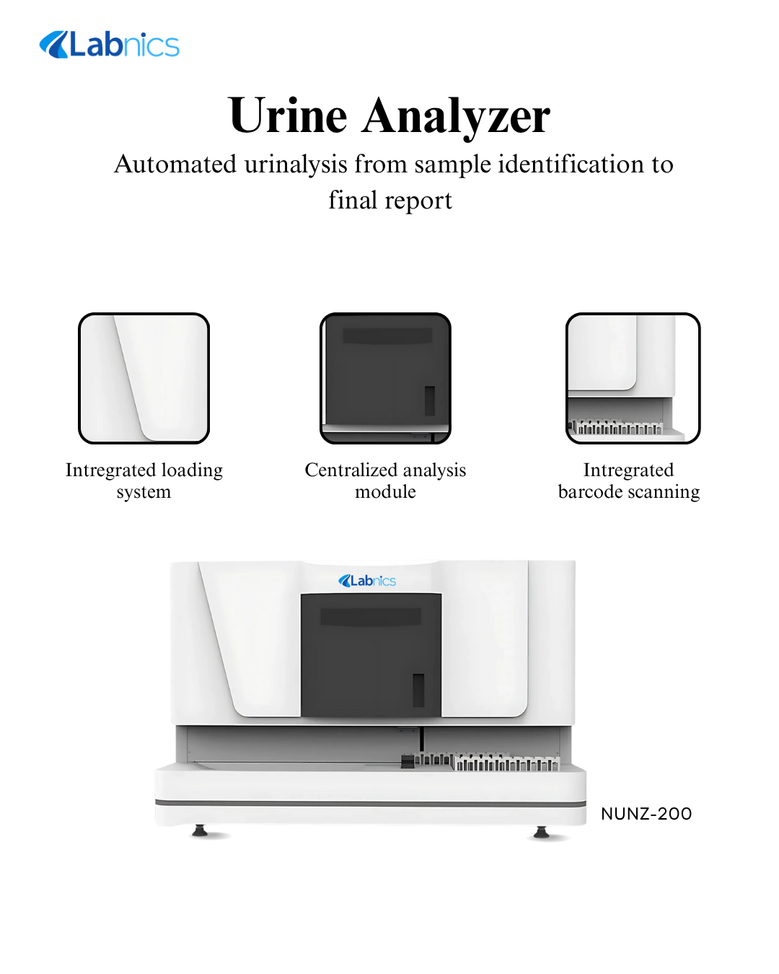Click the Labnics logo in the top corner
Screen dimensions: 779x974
[x=109, y=45]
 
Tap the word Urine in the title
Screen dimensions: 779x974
[x=287, y=116]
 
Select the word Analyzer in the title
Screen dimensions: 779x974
[x=455, y=117]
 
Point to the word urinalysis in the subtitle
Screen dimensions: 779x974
[x=296, y=164]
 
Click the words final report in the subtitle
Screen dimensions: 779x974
[x=389, y=201]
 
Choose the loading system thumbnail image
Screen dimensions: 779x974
[x=144, y=378]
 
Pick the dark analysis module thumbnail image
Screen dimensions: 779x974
[x=385, y=378]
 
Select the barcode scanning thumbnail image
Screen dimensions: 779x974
[x=633, y=378]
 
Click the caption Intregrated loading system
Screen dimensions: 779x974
[x=144, y=481]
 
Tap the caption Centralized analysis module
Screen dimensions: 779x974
[x=385, y=481]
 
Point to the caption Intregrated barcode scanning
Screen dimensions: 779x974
[x=629, y=481]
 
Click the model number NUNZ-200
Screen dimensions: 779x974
[x=646, y=814]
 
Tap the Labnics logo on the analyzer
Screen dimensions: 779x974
[x=367, y=581]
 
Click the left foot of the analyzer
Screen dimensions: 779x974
[x=200, y=830]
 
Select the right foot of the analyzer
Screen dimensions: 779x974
[x=541, y=832]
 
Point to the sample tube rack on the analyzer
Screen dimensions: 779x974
[x=487, y=762]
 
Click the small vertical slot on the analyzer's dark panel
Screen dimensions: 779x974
[x=418, y=690]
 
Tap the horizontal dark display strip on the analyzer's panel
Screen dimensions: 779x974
[x=371, y=616]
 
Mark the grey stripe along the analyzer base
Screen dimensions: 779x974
[x=370, y=803]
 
